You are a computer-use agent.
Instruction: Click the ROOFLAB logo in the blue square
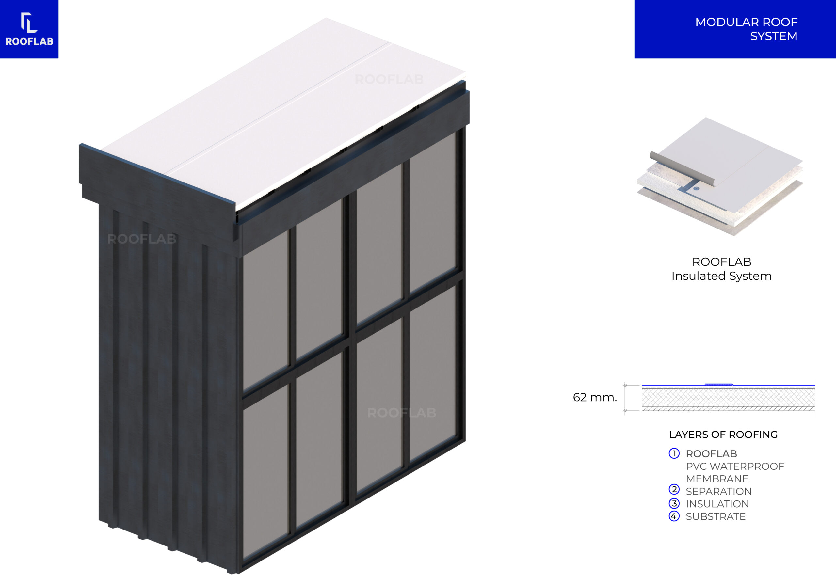[x=29, y=29]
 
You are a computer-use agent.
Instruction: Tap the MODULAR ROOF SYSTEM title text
[x=746, y=29]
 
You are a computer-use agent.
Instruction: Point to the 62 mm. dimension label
[x=595, y=397]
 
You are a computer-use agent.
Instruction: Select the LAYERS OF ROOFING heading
[x=723, y=435]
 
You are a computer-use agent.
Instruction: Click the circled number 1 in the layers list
[x=674, y=453]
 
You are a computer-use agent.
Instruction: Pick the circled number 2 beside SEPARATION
[x=674, y=490]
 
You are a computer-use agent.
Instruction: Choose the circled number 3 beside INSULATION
[x=674, y=503]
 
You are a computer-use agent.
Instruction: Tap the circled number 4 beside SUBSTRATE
[x=674, y=516]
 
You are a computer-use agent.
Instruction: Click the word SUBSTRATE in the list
[x=715, y=516]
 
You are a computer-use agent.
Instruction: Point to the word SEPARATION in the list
[x=718, y=491]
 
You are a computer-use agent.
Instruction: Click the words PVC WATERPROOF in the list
[x=735, y=466]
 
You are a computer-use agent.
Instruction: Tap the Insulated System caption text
[x=721, y=276]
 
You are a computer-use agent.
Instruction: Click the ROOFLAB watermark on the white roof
[x=389, y=79]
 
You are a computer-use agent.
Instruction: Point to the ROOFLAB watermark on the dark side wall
[x=142, y=239]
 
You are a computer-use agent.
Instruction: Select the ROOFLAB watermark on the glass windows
[x=402, y=413]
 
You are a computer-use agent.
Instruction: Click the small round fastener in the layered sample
[x=696, y=189]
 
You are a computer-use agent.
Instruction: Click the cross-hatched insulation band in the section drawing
[x=728, y=398]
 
